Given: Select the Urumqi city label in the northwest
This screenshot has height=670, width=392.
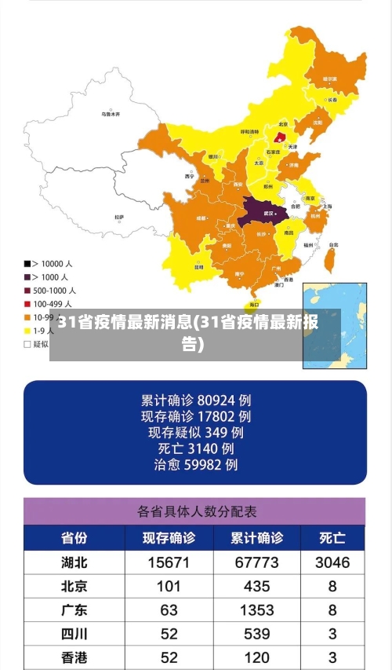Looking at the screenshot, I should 111,114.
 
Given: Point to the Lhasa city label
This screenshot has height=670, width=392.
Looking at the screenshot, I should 119,217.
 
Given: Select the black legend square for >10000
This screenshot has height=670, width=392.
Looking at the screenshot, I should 27,264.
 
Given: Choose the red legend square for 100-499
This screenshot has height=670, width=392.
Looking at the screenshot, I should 27,303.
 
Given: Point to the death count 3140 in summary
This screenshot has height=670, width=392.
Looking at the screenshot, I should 208,448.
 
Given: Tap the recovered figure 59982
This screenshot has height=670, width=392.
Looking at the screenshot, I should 211,465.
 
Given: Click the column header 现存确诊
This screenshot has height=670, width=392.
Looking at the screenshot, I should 168,539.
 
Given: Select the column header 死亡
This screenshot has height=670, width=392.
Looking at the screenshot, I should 332,539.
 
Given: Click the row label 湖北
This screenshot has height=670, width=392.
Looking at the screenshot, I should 74,562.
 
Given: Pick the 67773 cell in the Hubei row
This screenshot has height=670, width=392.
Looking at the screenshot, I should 256,562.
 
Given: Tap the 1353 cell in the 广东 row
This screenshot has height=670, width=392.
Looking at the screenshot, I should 256,610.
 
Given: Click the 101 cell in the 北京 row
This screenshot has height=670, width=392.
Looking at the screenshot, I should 168,586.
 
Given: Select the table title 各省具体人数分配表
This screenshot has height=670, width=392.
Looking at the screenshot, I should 197,511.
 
